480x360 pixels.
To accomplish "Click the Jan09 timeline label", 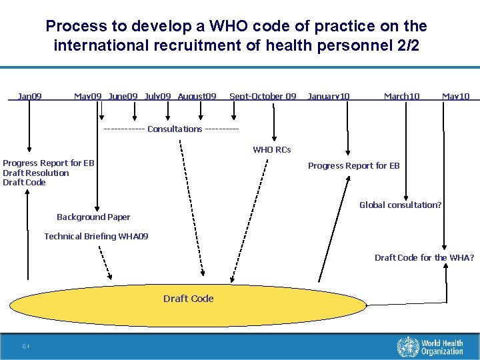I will click(x=30, y=97).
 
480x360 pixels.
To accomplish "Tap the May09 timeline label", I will click(x=88, y=97).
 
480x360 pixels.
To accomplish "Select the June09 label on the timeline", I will click(x=123, y=97).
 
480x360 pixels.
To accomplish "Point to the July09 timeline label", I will click(x=159, y=97).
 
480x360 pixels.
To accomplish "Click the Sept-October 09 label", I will click(x=263, y=97).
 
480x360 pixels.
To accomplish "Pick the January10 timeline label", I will click(x=328, y=97).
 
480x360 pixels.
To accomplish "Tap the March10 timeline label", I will click(x=401, y=97).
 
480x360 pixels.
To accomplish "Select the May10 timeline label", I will click(x=456, y=97).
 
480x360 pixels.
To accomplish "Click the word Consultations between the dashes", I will click(x=175, y=129).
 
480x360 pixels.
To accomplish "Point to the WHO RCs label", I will click(x=272, y=150).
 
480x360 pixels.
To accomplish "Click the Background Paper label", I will click(x=93, y=217).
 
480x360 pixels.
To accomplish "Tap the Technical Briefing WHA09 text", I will click(x=97, y=237).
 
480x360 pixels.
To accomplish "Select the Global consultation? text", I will click(x=400, y=205).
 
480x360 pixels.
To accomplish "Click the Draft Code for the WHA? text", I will click(x=424, y=258).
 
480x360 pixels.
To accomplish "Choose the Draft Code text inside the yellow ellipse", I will click(x=189, y=299).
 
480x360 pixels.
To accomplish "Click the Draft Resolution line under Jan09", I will click(x=36, y=173).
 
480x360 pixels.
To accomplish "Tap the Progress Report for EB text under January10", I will click(x=353, y=166).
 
